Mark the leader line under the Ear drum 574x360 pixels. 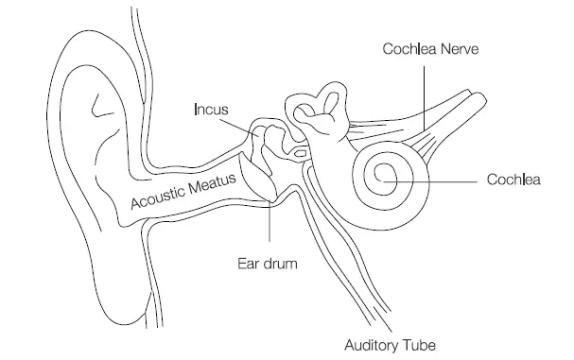270,227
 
